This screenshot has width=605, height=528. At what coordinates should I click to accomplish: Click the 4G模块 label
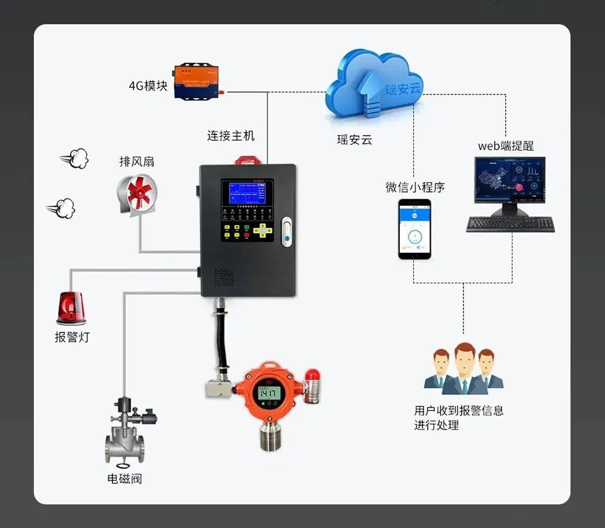148,85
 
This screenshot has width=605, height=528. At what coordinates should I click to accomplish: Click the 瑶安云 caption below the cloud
355,140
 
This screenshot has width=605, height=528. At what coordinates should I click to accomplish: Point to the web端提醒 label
506,145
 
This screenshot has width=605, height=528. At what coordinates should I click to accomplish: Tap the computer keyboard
510,223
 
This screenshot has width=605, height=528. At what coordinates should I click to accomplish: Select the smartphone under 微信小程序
414,229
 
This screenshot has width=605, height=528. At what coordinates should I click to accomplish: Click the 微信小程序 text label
415,187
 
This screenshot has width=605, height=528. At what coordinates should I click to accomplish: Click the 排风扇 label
137,162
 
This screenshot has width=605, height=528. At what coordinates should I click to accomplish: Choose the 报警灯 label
72,337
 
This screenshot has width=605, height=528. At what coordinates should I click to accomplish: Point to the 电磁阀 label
125,478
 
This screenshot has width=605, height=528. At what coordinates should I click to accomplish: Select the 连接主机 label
231,136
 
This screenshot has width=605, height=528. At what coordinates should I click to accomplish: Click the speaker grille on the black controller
223,278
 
